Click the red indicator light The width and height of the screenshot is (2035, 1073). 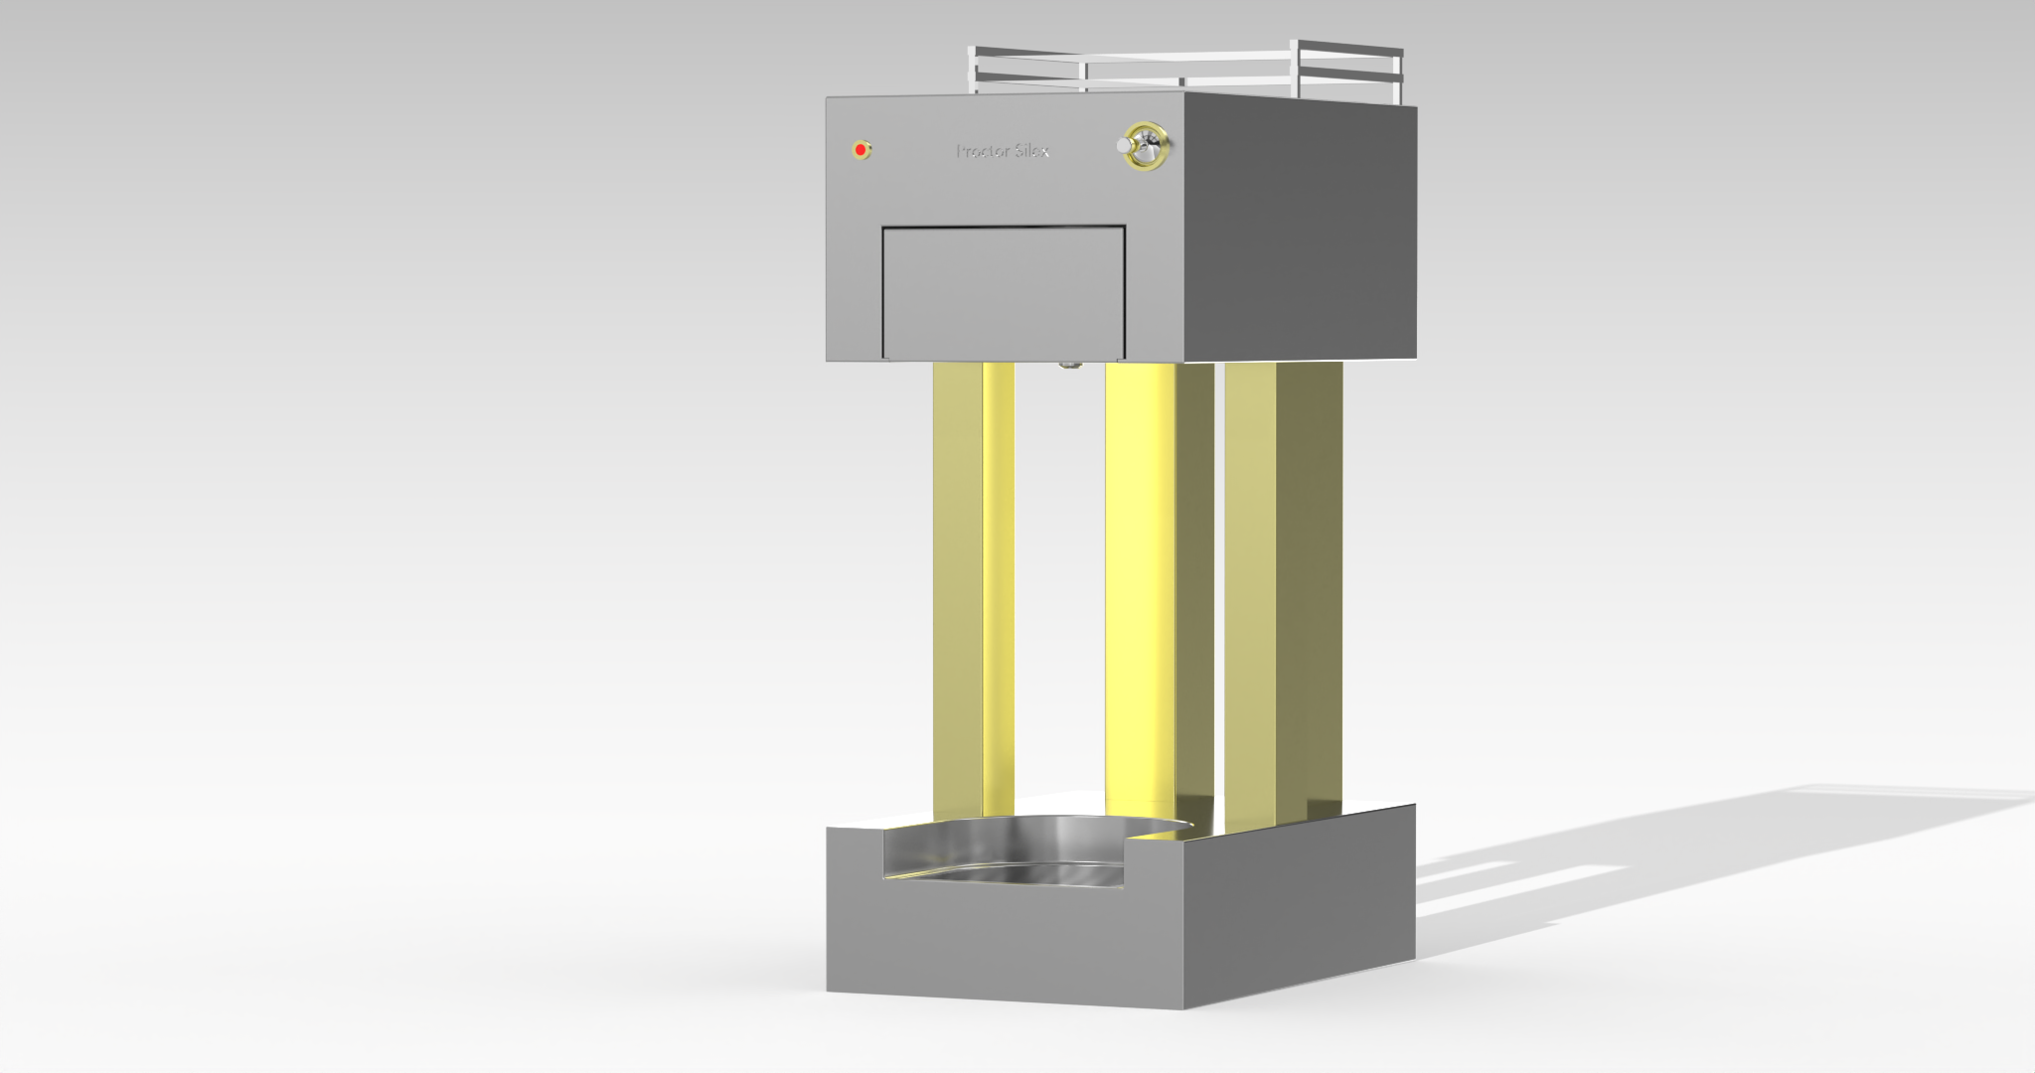861,150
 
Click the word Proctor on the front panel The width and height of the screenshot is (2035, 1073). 983,151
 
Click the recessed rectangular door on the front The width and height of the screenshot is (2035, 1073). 1004,292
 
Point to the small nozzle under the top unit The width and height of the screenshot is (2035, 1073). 1069,365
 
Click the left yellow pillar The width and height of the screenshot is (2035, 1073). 973,586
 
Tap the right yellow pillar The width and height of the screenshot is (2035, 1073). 1282,586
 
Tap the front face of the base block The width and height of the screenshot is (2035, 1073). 1004,944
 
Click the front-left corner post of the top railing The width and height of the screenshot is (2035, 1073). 973,70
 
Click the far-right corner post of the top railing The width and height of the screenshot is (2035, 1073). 1399,76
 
